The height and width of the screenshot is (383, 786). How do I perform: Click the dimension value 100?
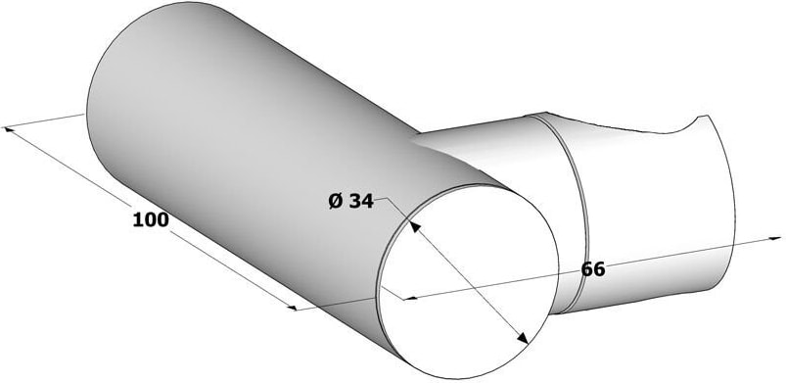(x=151, y=219)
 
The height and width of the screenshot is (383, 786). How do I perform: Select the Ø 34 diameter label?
(x=350, y=201)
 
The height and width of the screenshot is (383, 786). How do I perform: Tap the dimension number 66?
(x=593, y=269)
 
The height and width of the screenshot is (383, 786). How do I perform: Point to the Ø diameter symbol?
(x=336, y=201)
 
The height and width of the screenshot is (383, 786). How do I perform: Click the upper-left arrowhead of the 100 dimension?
(x=9, y=129)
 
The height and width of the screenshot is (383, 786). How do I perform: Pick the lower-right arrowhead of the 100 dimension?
(x=292, y=307)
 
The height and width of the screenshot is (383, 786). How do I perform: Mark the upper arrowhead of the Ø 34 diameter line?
(x=415, y=227)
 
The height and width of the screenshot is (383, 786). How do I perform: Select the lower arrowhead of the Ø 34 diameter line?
(x=523, y=338)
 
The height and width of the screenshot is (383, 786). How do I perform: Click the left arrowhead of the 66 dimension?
(x=410, y=298)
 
